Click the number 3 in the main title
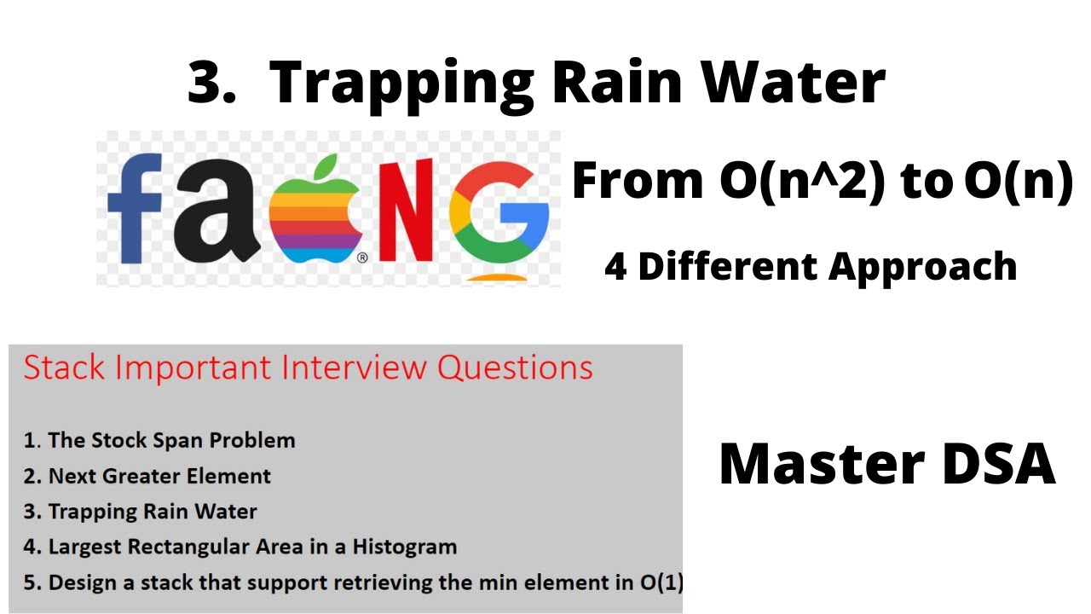[x=211, y=84]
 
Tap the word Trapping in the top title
[x=401, y=84]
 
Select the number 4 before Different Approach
[x=615, y=267]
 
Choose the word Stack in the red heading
[x=65, y=368]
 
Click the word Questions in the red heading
[x=515, y=368]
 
